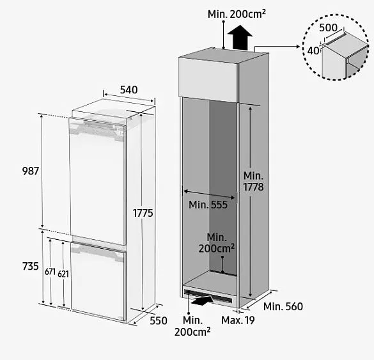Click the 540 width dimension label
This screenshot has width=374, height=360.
pyautogui.click(x=129, y=90)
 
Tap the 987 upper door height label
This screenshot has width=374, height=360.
pyautogui.click(x=31, y=171)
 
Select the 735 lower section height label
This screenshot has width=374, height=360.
pyautogui.click(x=31, y=266)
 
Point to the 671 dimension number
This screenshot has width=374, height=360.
pyautogui.click(x=50, y=272)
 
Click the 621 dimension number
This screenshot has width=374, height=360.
pyautogui.click(x=63, y=274)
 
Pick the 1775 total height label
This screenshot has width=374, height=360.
pyautogui.click(x=143, y=213)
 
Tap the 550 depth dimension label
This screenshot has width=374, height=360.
pyautogui.click(x=159, y=321)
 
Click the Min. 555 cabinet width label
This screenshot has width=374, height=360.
pyautogui.click(x=208, y=205)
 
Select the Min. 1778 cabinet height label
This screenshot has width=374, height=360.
pyautogui.click(x=253, y=182)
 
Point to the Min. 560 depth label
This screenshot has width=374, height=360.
pyautogui.click(x=283, y=306)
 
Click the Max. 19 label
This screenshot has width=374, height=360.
pyautogui.click(x=238, y=320)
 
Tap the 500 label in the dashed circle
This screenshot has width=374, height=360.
pyautogui.click(x=328, y=28)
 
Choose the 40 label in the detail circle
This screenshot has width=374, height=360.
pyautogui.click(x=313, y=51)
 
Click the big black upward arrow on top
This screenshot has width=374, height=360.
pyautogui.click(x=240, y=37)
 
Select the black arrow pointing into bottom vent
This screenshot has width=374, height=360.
pyautogui.click(x=203, y=300)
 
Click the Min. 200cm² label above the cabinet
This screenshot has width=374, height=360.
pyautogui.click(x=237, y=14)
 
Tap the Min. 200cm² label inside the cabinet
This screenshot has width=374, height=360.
pyautogui.click(x=217, y=243)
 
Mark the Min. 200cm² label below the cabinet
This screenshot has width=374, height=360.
pyautogui.click(x=192, y=326)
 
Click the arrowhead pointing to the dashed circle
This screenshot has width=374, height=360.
pyautogui.click(x=298, y=47)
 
